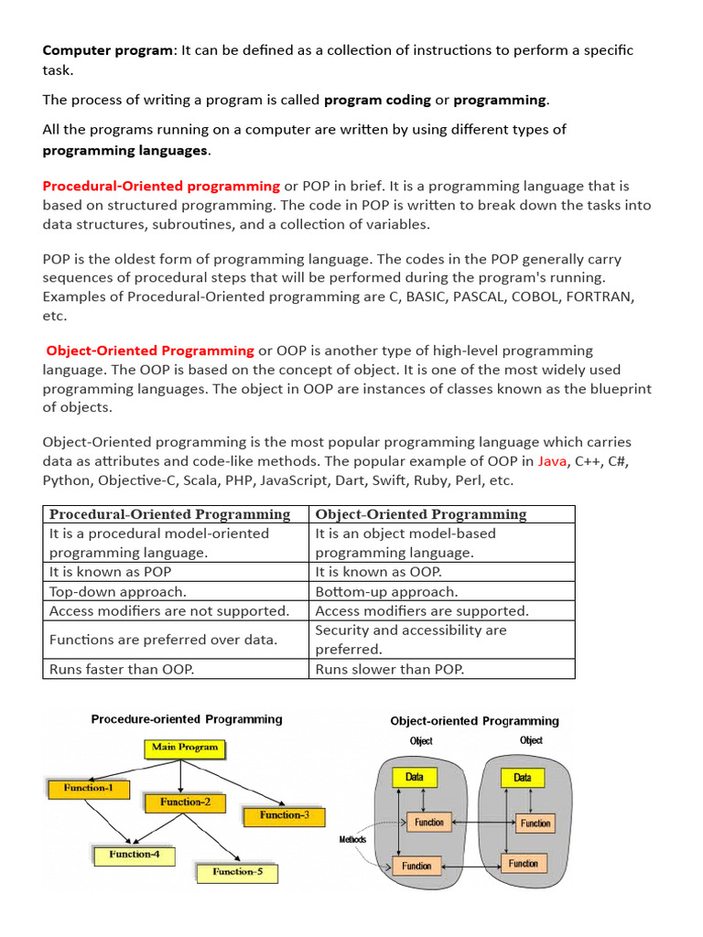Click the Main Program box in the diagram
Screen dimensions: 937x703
tap(185, 748)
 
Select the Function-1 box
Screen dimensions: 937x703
tap(88, 787)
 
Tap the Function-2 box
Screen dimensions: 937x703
tap(185, 802)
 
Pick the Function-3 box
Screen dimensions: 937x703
tap(284, 815)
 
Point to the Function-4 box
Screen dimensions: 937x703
tap(135, 855)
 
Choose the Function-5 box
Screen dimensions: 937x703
tap(237, 872)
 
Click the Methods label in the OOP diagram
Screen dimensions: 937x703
tap(352, 839)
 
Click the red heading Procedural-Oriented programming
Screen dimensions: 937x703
tap(161, 186)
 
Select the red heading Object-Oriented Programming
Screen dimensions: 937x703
tap(150, 350)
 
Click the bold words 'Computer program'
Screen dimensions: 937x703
tap(107, 50)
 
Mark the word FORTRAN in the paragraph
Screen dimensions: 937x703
tap(599, 297)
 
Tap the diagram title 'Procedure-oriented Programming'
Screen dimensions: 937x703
tap(187, 719)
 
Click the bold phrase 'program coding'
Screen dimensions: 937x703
tap(377, 100)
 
